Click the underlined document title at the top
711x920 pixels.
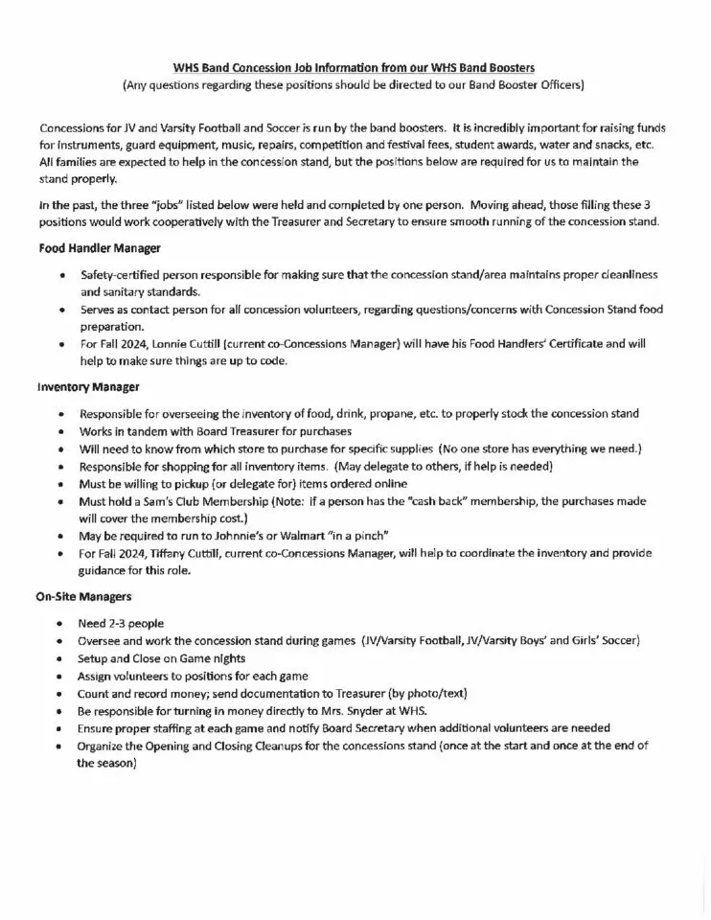pyautogui.click(x=354, y=68)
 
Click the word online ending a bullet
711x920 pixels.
pyautogui.click(x=385, y=484)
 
